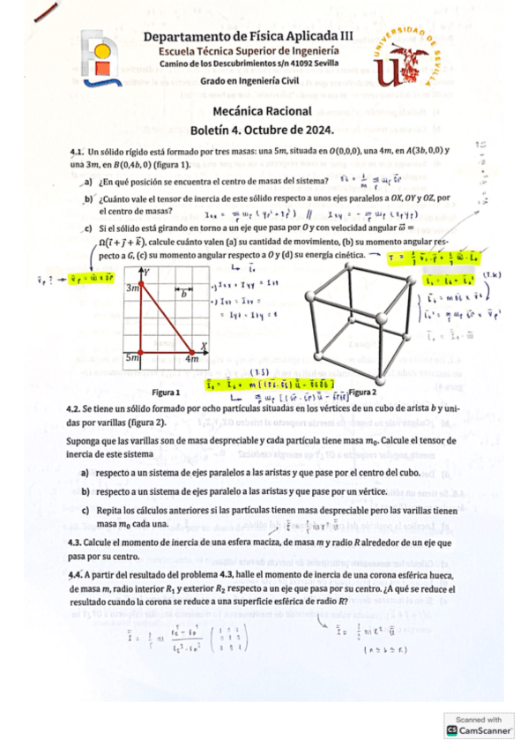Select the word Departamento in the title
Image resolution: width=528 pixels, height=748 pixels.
(184, 36)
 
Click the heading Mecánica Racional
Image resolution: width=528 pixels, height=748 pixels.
(263, 111)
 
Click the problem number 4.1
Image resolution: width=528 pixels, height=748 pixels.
(76, 153)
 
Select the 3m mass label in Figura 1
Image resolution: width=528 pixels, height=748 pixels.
(133, 288)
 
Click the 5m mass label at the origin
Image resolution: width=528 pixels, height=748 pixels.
(133, 358)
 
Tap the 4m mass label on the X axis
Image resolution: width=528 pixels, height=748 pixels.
(194, 359)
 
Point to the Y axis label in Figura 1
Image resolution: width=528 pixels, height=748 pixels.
(152, 271)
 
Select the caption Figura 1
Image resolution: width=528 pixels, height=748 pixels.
(166, 390)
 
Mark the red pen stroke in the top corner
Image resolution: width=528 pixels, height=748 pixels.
(43, 11)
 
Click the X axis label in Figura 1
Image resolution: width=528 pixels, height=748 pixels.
(205, 345)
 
